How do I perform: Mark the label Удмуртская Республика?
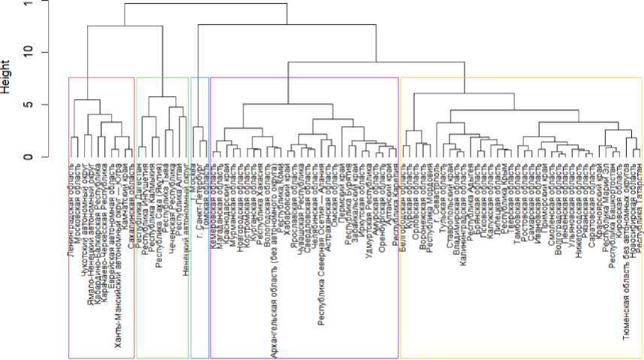tap(369, 195)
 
